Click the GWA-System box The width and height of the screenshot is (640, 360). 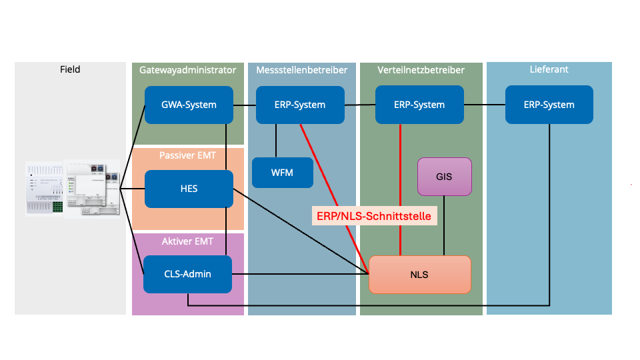pyautogui.click(x=189, y=105)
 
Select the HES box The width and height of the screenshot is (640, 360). pyautogui.click(x=189, y=189)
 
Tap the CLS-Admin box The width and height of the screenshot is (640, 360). pyautogui.click(x=187, y=274)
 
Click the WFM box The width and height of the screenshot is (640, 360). pyautogui.click(x=283, y=173)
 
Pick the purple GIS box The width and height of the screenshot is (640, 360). pyautogui.click(x=444, y=177)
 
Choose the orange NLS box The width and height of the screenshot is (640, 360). pyautogui.click(x=420, y=274)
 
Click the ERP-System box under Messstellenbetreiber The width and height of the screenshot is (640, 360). pyautogui.click(x=300, y=105)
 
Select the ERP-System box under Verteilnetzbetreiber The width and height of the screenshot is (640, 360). pyautogui.click(x=419, y=105)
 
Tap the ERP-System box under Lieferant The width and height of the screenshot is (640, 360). pyautogui.click(x=549, y=105)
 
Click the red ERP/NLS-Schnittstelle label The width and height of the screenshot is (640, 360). pyautogui.click(x=374, y=216)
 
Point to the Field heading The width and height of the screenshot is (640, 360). pyautogui.click(x=70, y=69)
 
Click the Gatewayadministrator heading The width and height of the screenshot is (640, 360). pyautogui.click(x=188, y=69)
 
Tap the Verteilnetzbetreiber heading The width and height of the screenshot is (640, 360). pyautogui.click(x=421, y=69)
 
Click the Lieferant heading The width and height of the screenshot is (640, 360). pyautogui.click(x=549, y=69)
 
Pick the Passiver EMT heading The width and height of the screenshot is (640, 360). pyautogui.click(x=187, y=155)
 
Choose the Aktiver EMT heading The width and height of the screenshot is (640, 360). pyautogui.click(x=187, y=241)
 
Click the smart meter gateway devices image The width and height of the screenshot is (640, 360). pyautogui.click(x=73, y=187)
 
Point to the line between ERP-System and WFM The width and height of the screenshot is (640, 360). pyautogui.click(x=277, y=141)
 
